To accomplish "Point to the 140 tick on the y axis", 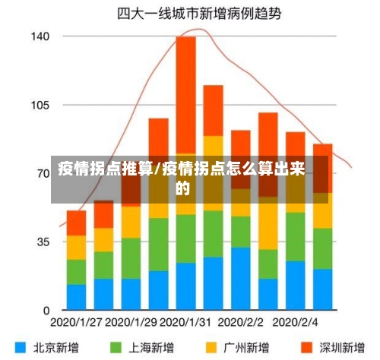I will tap(40, 36).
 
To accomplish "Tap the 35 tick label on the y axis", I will tap(42, 242).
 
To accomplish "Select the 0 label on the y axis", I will tap(46, 311).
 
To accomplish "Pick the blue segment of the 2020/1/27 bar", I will tap(77, 297).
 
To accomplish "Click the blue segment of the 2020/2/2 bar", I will tap(241, 278).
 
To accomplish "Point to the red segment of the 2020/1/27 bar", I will tap(77, 223).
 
